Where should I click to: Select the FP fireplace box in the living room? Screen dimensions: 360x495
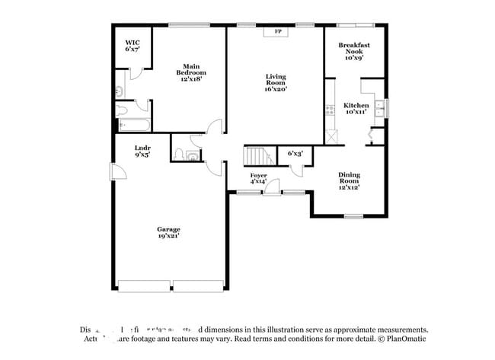[277, 32]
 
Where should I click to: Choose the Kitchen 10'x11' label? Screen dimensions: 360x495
[356, 108]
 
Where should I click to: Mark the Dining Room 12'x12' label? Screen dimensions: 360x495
[349, 180]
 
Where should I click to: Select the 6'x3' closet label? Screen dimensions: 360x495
[295, 153]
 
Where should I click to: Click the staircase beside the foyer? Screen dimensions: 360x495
[259, 156]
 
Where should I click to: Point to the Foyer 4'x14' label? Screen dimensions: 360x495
[258, 179]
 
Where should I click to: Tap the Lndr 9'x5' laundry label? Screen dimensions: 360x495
[142, 151]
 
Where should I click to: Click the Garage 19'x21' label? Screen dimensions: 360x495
[168, 232]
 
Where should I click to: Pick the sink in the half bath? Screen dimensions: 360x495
[192, 156]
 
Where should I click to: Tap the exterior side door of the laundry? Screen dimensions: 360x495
[118, 174]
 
